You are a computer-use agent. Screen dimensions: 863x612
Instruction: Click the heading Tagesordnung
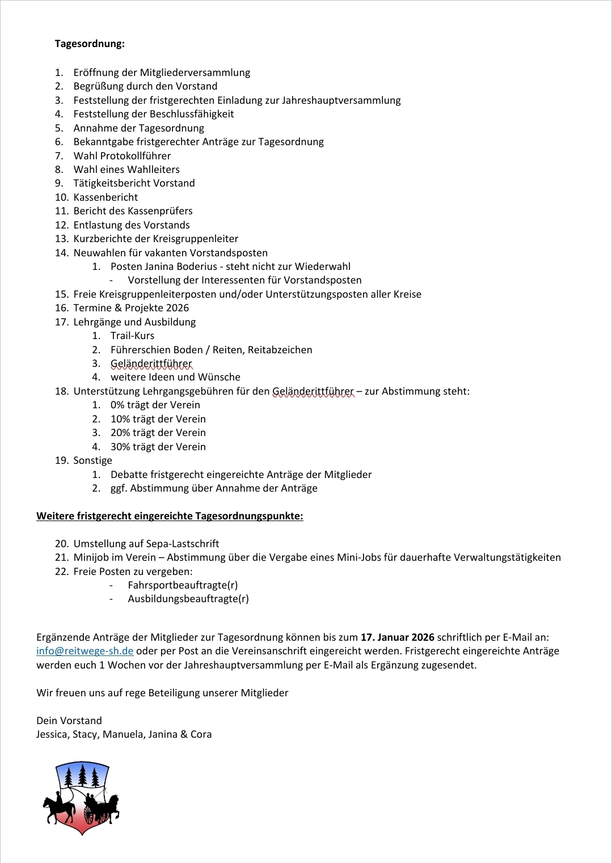coord(90,44)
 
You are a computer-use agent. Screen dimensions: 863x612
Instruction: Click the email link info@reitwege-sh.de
coord(85,651)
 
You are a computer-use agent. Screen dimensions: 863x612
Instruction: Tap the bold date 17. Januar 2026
coord(398,637)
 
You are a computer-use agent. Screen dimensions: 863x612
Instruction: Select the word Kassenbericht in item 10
coord(105,197)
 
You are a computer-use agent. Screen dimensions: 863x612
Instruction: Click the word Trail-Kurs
coord(132,336)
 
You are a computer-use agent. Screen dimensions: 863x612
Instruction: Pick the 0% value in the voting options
coord(117,405)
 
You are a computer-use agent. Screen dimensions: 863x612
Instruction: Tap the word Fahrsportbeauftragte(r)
coord(183,585)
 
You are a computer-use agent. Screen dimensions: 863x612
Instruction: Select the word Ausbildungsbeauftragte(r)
coord(188,599)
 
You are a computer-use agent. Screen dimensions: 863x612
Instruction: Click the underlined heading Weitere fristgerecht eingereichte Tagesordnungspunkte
coord(170,516)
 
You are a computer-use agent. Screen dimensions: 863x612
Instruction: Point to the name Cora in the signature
coord(201,734)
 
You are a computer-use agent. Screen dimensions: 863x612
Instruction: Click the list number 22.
coord(61,572)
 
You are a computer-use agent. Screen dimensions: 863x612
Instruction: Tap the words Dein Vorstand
coord(69,721)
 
